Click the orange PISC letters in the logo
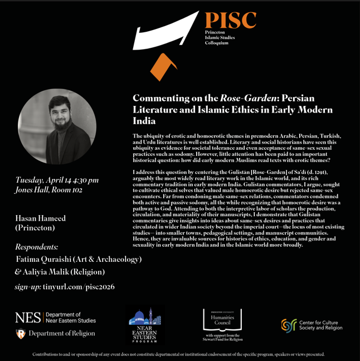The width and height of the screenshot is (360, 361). pos(230,21)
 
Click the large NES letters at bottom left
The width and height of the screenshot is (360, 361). pos(28,318)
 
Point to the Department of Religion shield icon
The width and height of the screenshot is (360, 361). pos(20,334)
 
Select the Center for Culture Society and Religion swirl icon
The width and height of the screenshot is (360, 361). pos(288,325)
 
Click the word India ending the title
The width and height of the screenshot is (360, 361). pos(144,121)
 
